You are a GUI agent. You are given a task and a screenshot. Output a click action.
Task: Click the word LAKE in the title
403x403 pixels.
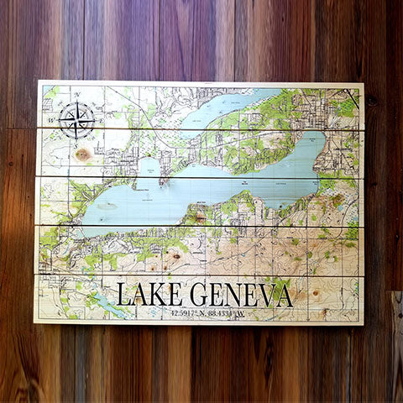click(x=150, y=296)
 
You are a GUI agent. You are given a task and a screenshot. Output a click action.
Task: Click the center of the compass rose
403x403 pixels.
click(x=77, y=120)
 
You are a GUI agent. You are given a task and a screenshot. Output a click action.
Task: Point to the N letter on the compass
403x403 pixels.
click(x=77, y=96)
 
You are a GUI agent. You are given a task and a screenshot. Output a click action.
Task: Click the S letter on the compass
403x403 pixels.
click(x=77, y=143)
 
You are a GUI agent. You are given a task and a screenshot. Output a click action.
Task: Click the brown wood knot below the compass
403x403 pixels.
click(x=83, y=154)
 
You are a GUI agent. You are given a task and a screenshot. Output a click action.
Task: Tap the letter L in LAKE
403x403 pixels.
click(x=123, y=296)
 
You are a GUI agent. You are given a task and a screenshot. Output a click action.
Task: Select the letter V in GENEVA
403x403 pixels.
click(x=264, y=296)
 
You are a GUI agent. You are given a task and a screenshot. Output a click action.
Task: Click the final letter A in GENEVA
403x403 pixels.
click(x=284, y=296)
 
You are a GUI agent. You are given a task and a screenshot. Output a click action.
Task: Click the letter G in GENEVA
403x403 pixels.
click(x=200, y=296)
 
